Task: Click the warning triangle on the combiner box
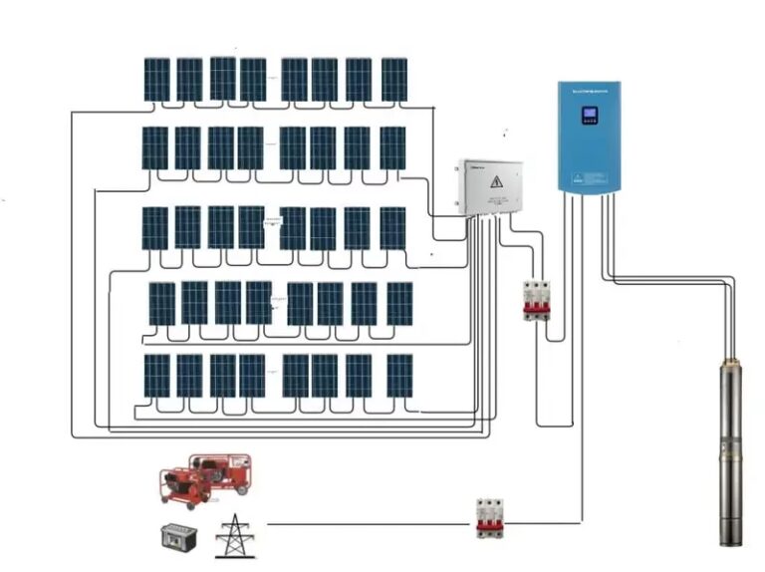[x=495, y=183]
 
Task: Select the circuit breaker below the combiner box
[x=536, y=300]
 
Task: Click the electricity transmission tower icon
[x=235, y=535]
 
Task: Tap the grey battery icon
[x=178, y=537]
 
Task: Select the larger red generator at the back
[x=222, y=472]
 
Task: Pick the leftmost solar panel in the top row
[x=156, y=80]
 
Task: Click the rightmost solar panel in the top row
[x=393, y=80]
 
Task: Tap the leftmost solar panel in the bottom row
[x=156, y=376]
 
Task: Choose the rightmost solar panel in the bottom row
[x=399, y=376]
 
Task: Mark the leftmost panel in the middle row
[x=154, y=227]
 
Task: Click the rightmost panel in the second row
[x=392, y=148]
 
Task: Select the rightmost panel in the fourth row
[x=399, y=303]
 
